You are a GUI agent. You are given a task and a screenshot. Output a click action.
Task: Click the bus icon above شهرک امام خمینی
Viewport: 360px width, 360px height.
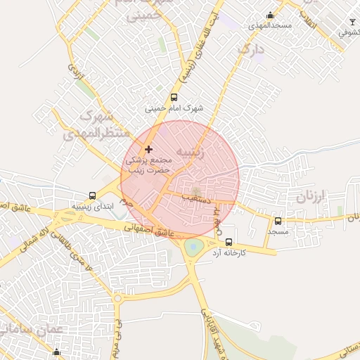[x=174, y=98]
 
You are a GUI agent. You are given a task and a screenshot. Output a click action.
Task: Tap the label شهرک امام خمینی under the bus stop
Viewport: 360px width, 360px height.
[x=174, y=109]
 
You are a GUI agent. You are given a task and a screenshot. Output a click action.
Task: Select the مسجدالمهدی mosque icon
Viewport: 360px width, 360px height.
[x=270, y=15]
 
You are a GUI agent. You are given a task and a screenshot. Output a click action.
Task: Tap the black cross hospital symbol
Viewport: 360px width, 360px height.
[x=148, y=149]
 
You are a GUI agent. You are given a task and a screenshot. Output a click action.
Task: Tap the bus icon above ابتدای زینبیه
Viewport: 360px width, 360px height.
[x=92, y=195]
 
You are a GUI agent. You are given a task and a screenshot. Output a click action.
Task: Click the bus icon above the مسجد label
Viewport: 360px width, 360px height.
[x=278, y=221]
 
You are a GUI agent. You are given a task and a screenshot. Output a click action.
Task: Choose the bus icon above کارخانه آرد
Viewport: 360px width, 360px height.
[x=229, y=242]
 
